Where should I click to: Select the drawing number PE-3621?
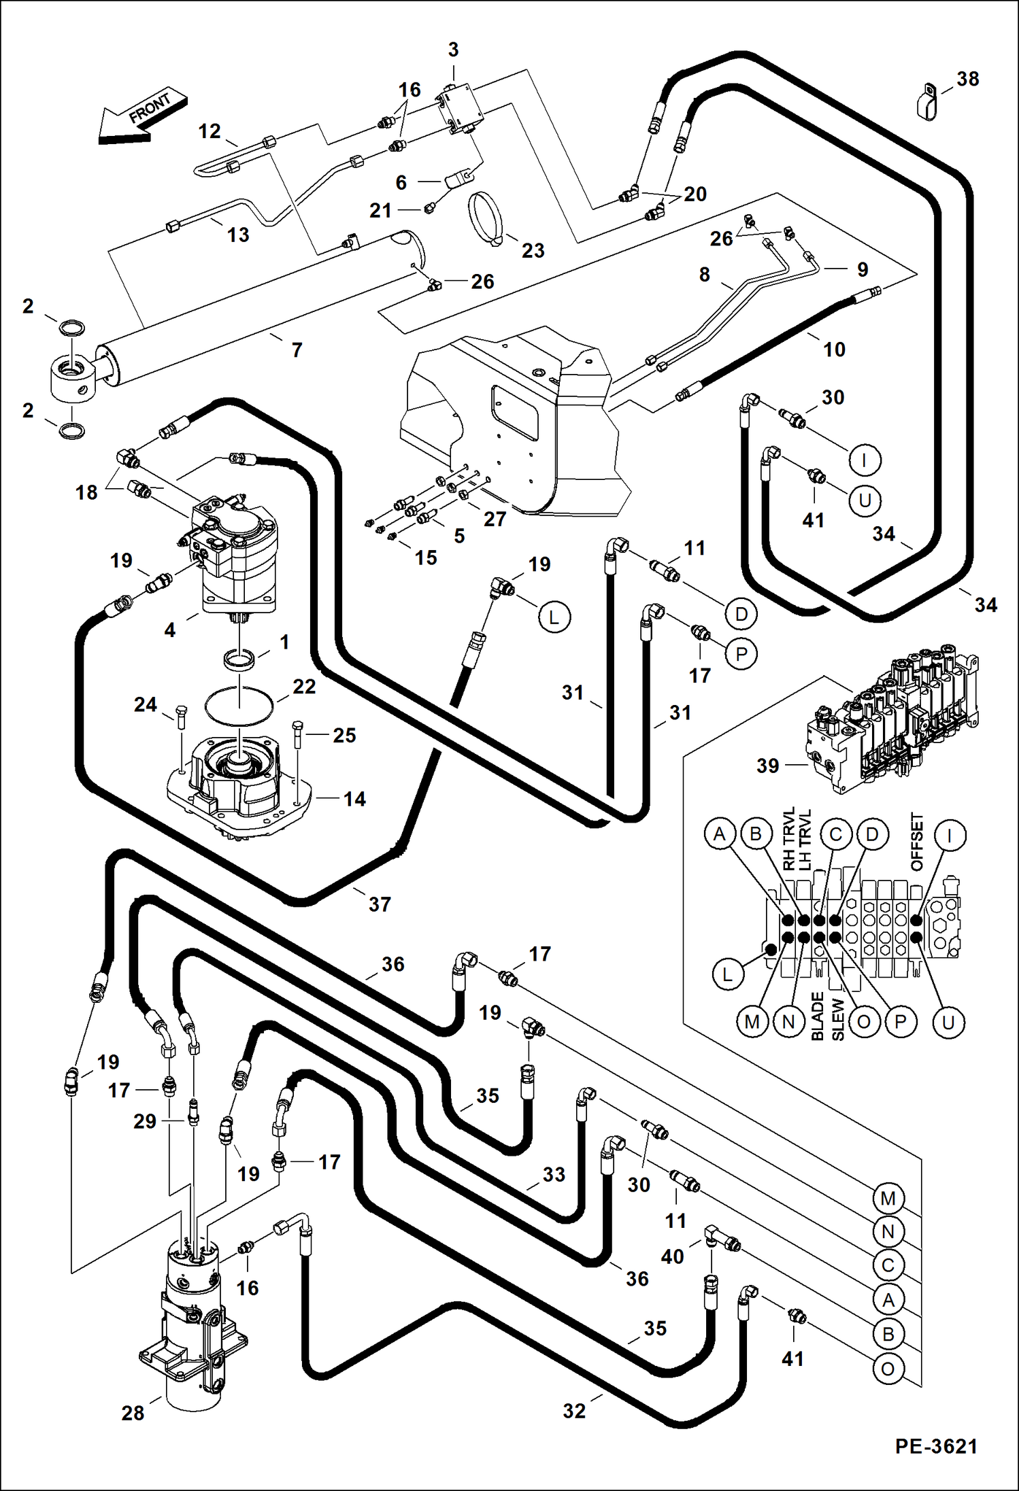point(936,1446)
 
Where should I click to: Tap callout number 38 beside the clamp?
point(967,79)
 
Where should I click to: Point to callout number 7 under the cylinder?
point(297,350)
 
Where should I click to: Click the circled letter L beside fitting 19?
point(554,617)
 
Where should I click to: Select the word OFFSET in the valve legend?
point(917,842)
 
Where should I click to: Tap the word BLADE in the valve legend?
point(817,1016)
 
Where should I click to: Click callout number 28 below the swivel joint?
point(133,1413)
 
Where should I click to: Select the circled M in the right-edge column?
point(888,1198)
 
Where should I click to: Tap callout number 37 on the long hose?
point(380,904)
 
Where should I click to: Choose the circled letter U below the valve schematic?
point(948,1023)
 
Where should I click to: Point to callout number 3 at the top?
point(453,50)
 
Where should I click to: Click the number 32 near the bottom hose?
point(574,1411)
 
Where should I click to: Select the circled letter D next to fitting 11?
point(741,615)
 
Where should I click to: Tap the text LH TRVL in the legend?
point(805,840)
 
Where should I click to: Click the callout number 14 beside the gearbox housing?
point(354,799)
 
